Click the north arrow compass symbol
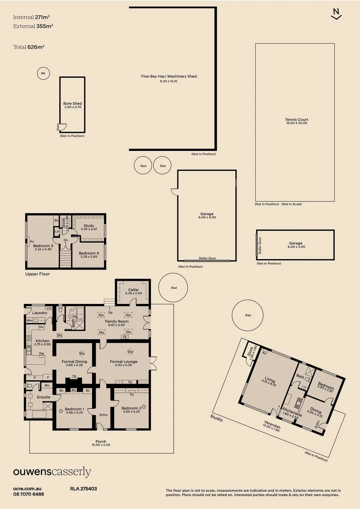click(336, 14)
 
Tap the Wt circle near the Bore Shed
click(43, 74)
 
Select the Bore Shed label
click(73, 104)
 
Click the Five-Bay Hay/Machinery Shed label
click(169, 76)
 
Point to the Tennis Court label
click(296, 120)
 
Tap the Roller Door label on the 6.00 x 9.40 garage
click(206, 259)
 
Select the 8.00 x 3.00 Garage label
click(296, 244)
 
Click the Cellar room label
click(133, 290)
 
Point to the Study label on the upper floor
click(89, 226)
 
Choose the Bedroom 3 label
click(43, 246)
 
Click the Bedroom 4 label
click(89, 253)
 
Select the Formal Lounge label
click(123, 362)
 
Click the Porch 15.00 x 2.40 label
click(101, 442)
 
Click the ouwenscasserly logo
click(52, 472)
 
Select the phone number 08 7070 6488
click(29, 494)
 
